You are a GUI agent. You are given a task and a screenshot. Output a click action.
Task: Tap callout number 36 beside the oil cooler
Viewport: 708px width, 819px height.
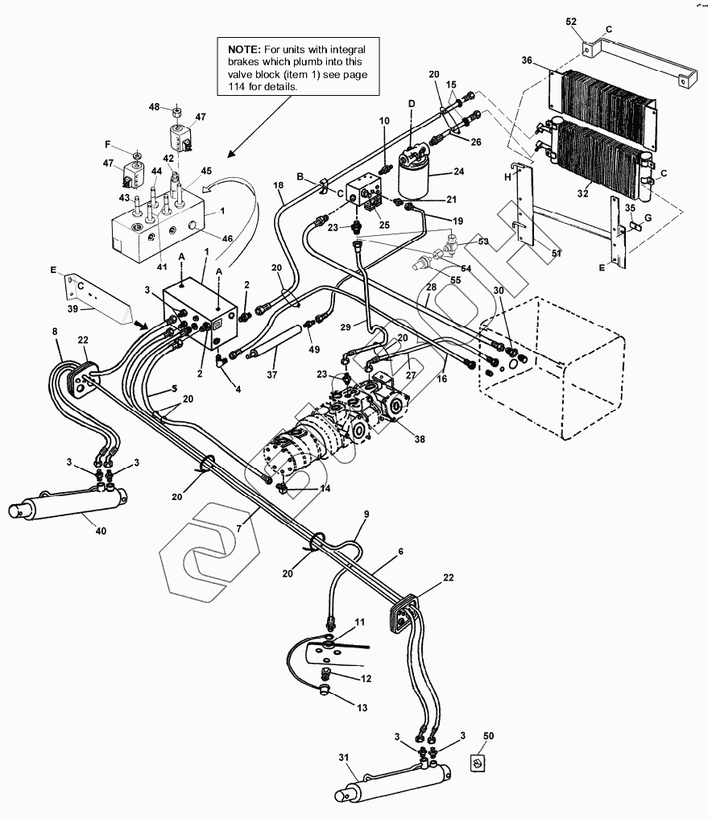pyautogui.click(x=527, y=60)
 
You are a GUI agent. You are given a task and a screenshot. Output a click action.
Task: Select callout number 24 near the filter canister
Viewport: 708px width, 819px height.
pyautogui.click(x=459, y=172)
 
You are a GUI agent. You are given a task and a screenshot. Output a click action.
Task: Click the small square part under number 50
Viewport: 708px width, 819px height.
pyautogui.click(x=478, y=761)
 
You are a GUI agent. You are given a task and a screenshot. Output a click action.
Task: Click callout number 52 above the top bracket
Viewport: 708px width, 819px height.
pyautogui.click(x=572, y=20)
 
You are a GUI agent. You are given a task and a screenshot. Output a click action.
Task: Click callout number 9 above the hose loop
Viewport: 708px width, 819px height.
pyautogui.click(x=366, y=513)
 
